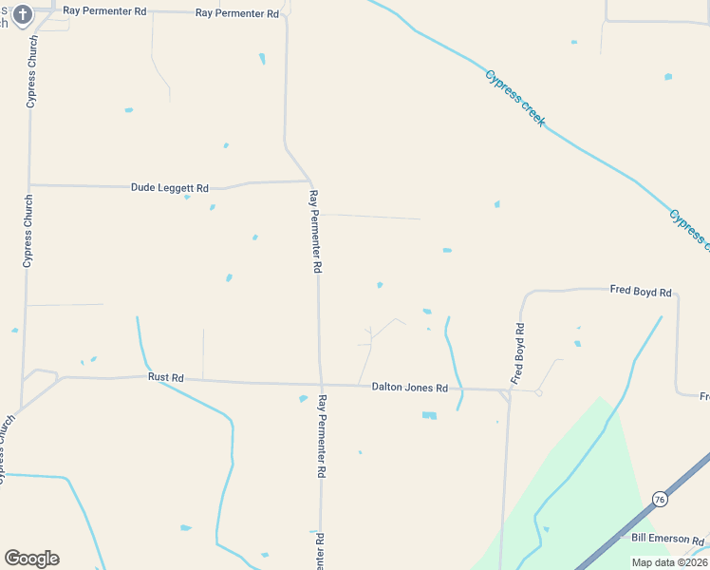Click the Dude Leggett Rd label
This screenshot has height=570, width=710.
[169, 188]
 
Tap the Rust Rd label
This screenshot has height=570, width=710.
[165, 377]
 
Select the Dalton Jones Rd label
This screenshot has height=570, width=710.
[409, 388]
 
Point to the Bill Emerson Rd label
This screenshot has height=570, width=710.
[669, 539]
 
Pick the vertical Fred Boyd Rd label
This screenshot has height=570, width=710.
[518, 353]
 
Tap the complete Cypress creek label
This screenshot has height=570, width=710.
[514, 98]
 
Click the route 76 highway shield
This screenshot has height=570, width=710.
[660, 499]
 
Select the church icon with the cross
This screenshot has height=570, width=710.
[24, 14]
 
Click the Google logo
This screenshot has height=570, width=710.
[31, 559]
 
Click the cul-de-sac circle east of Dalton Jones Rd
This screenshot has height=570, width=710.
[538, 392]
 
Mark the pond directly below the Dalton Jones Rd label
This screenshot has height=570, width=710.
[429, 415]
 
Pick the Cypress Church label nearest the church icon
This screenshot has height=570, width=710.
[31, 72]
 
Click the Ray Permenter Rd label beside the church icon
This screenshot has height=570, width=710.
[104, 11]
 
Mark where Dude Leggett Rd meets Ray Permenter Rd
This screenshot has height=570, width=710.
[310, 180]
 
